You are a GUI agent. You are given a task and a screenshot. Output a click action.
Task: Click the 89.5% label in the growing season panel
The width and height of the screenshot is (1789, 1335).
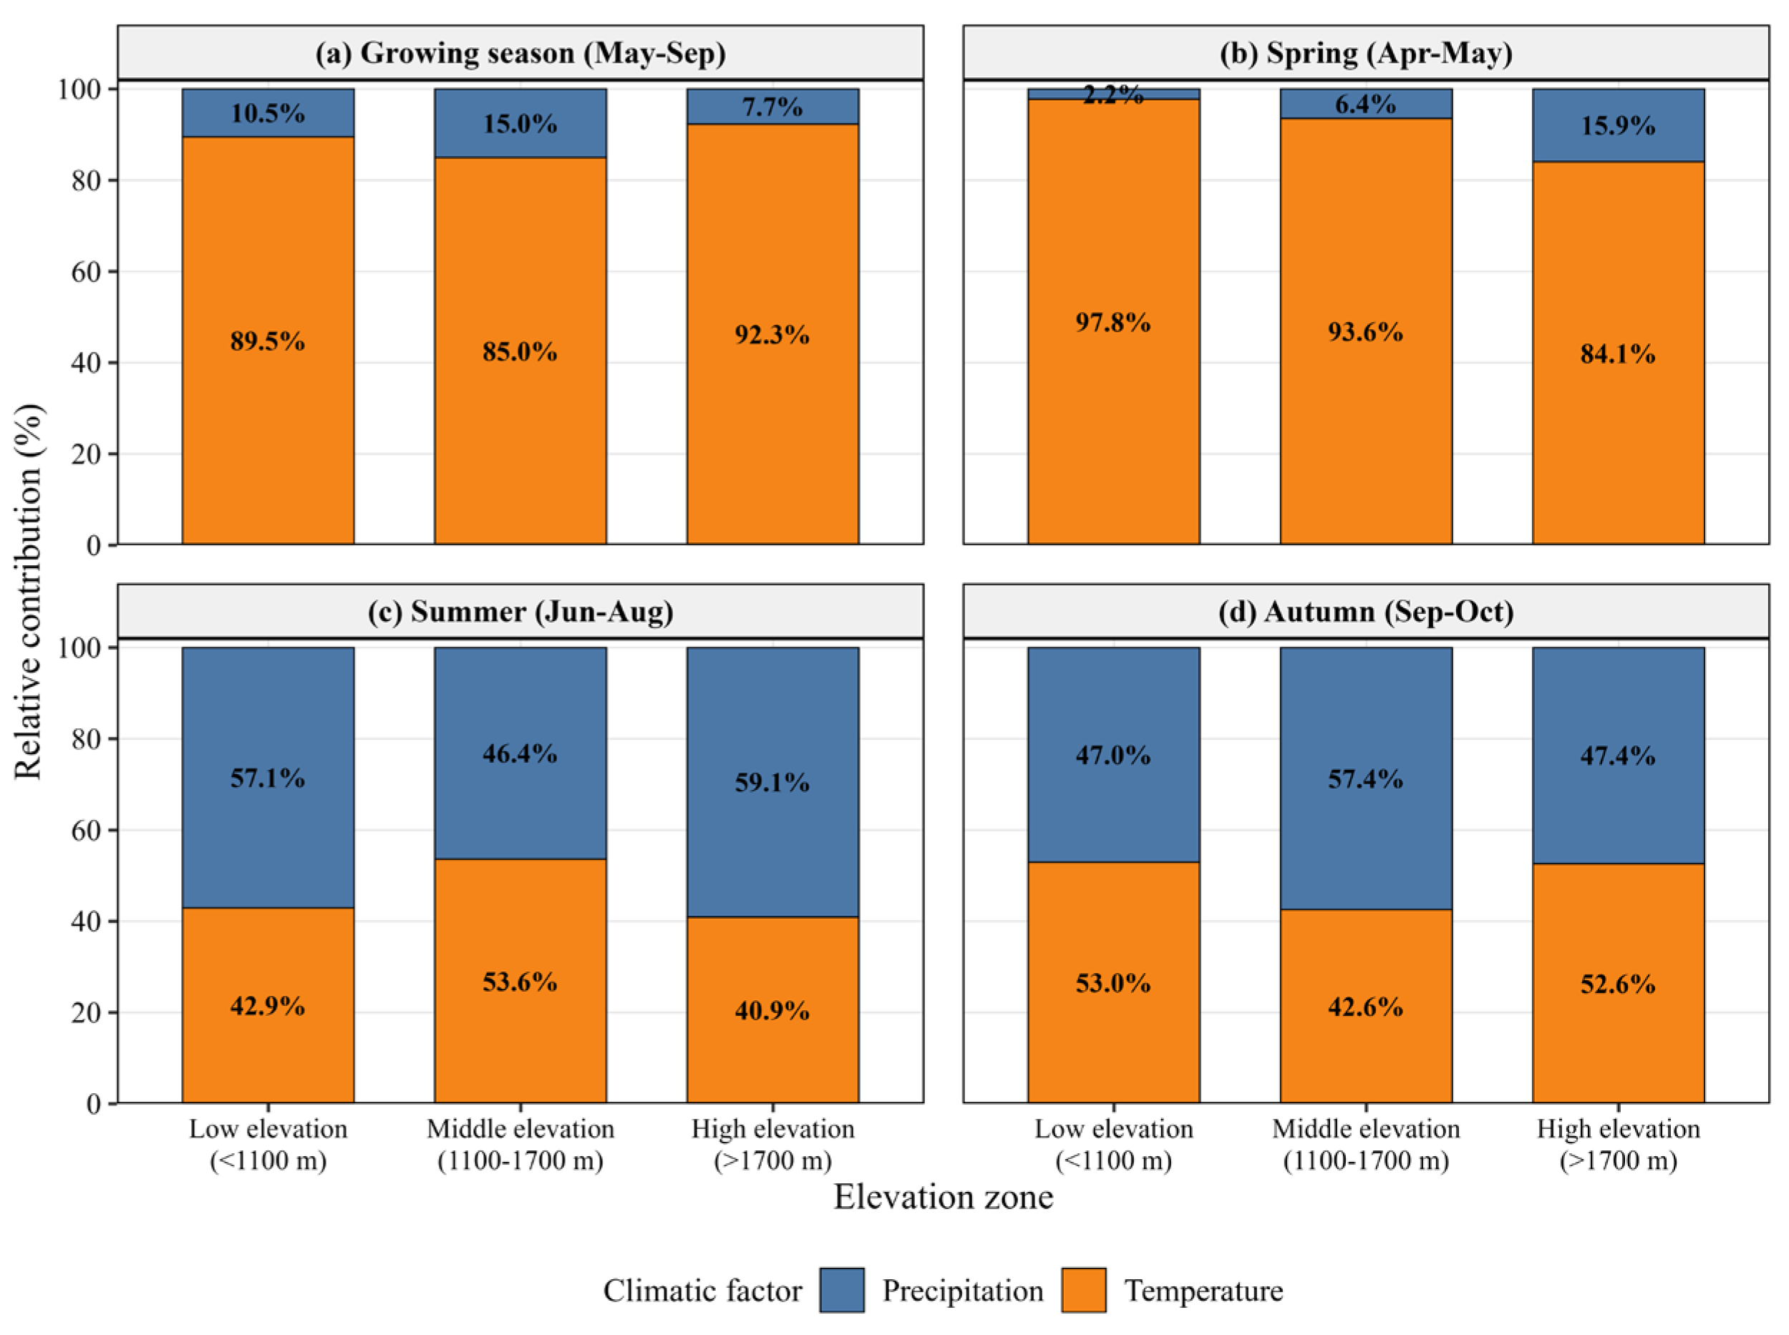coord(268,341)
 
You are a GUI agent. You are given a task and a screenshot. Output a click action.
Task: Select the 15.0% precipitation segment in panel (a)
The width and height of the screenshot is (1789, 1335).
coord(520,123)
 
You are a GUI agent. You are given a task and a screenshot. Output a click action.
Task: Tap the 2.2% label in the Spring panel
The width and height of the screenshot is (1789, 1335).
coord(1113,94)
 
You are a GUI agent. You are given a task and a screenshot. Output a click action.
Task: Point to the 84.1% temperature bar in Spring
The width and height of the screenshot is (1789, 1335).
coord(1618,353)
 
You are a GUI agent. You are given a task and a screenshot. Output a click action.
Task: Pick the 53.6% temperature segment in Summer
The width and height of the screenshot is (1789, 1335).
coord(520,980)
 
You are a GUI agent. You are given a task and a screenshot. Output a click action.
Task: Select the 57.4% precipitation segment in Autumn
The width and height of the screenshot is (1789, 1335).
coord(1365,778)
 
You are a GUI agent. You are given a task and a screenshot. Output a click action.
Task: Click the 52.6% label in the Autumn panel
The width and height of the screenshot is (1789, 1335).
coord(1618,984)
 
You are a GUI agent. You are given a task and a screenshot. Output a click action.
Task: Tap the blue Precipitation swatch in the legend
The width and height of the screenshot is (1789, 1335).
coord(842,1290)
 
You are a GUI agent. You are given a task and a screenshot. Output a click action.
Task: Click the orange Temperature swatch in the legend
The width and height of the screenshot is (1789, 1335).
coord(1083,1290)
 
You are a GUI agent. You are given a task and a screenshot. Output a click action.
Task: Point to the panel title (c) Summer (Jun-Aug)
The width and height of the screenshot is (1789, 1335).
coord(520,612)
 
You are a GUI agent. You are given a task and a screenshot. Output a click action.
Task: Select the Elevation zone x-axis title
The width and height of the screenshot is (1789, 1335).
coord(944,1197)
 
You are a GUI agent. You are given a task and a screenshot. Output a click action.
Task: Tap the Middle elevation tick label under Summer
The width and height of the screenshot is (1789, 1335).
coord(520,1144)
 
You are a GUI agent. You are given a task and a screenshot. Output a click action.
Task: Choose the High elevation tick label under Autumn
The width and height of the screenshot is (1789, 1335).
coord(1619,1144)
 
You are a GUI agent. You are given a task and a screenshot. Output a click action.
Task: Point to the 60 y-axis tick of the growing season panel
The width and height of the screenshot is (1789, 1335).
coord(87,272)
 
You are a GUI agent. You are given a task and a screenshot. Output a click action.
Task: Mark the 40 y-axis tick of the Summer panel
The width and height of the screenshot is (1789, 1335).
coord(87,921)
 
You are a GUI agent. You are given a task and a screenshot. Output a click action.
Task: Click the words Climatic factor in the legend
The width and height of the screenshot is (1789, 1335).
coord(702,1291)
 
